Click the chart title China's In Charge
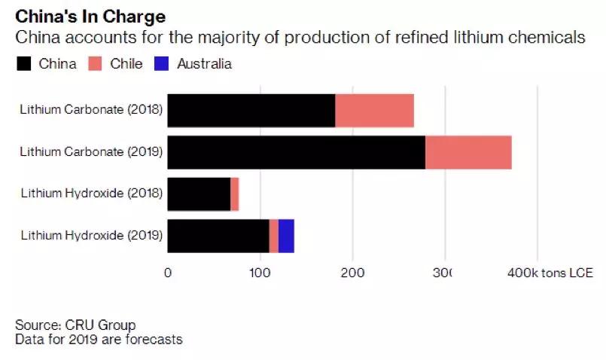(x=91, y=16)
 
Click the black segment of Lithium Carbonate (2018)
(x=251, y=111)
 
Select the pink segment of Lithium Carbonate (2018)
(x=374, y=111)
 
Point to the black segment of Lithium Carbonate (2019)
(x=296, y=152)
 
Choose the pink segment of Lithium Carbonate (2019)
(x=468, y=152)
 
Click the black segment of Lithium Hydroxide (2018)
(x=199, y=194)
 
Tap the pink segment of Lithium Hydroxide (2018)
(x=235, y=194)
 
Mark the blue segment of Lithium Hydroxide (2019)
(x=286, y=236)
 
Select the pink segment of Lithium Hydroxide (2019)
(x=274, y=236)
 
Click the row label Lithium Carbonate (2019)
(x=92, y=152)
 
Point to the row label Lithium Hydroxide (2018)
(x=92, y=194)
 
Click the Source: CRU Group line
(x=75, y=325)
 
